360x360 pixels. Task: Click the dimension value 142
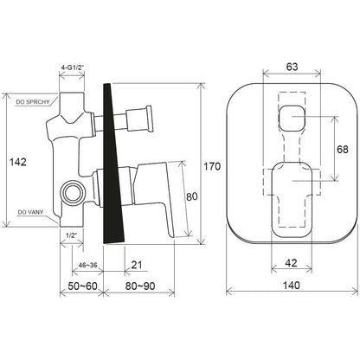[x=18, y=162]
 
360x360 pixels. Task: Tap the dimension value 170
[x=212, y=166]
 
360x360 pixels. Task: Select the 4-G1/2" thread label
[x=72, y=67]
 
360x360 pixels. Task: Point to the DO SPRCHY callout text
[x=33, y=102]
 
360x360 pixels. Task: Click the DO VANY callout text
[x=30, y=212]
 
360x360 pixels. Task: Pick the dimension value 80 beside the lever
[x=192, y=196]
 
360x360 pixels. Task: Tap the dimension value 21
[x=137, y=265]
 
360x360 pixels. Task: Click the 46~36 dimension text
[x=87, y=266]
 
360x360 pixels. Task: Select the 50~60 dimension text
[x=82, y=286]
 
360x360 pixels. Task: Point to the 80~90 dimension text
[x=140, y=286]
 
